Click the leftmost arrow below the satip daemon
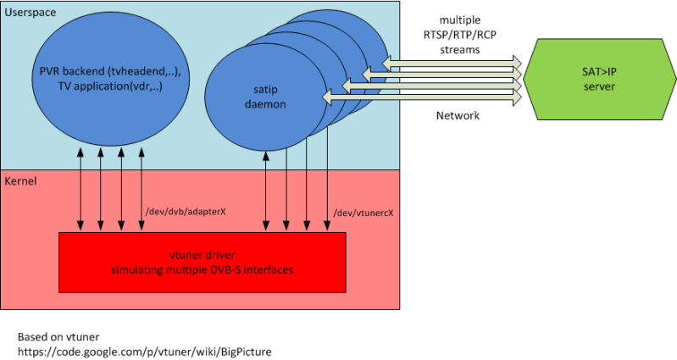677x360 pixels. (267, 191)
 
